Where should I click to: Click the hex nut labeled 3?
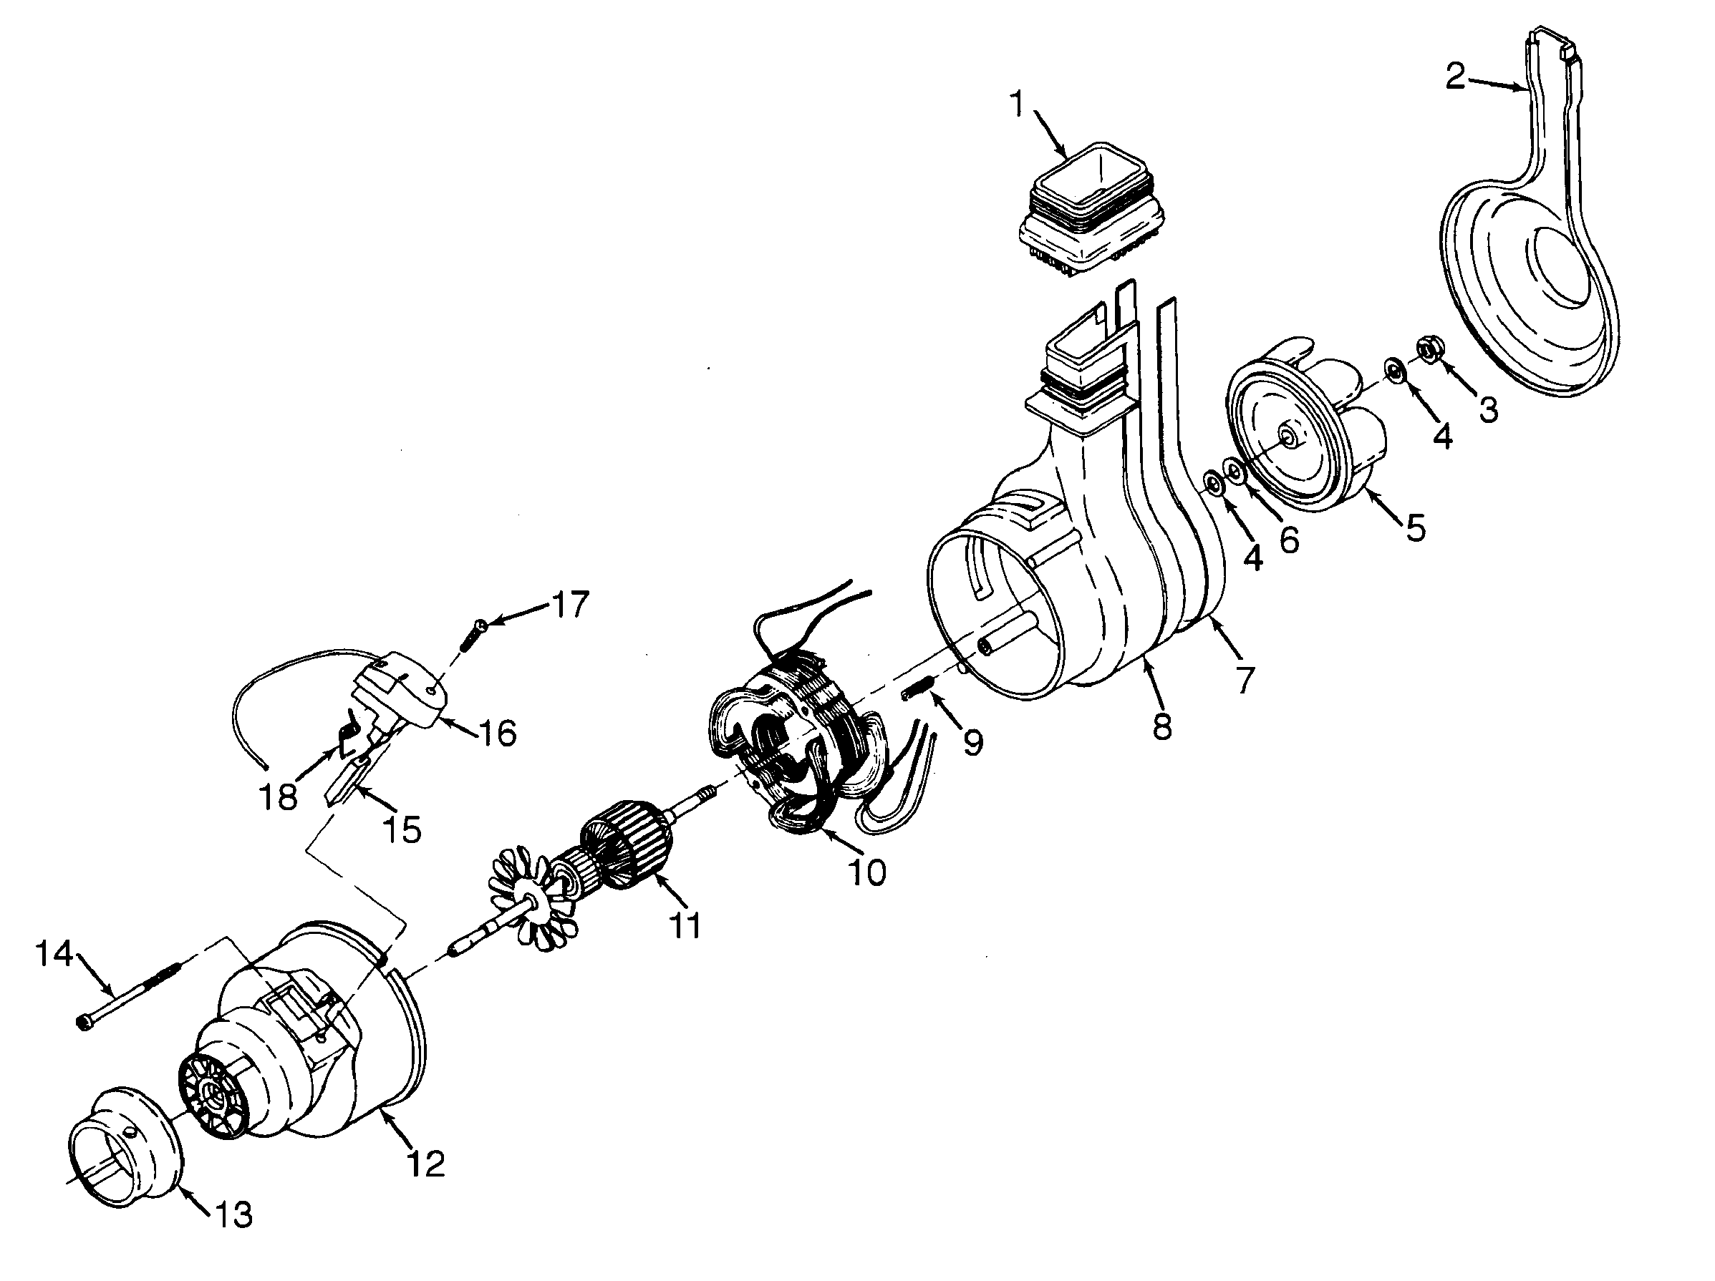point(1426,349)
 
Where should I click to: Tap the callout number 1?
point(1016,104)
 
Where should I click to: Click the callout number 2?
point(1455,77)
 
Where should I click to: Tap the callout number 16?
point(498,732)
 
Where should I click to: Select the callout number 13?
point(233,1216)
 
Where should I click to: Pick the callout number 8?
point(1161,727)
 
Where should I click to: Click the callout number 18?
point(279,797)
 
